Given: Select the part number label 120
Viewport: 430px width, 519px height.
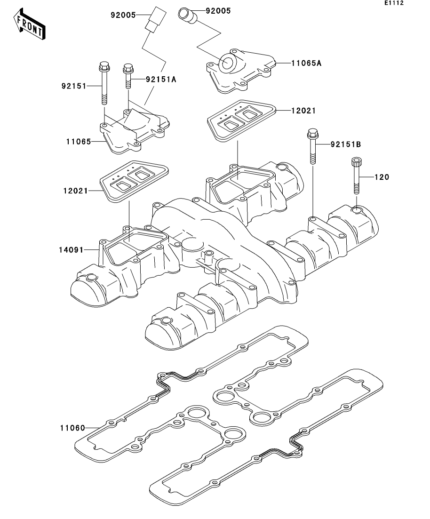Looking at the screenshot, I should [382, 177].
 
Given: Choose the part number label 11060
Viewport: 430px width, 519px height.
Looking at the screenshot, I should [72, 428].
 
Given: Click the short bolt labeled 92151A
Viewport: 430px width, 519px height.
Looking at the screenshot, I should [127, 76].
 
